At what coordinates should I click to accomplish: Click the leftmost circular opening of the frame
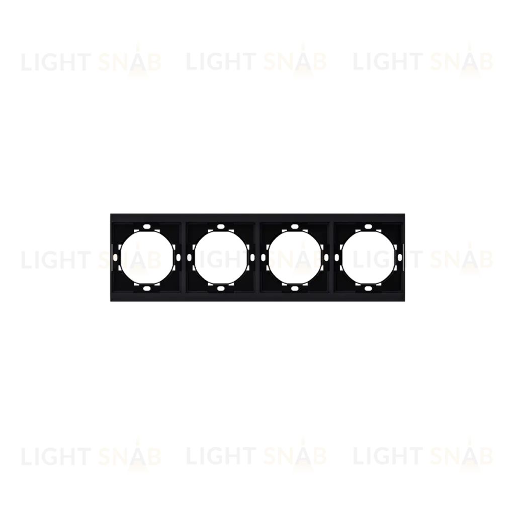click(x=146, y=257)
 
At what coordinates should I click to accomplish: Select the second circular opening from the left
click(x=220, y=257)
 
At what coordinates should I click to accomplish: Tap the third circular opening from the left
click(x=294, y=257)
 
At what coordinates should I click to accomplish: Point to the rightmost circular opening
click(x=368, y=257)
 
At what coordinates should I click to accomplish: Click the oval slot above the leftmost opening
click(x=146, y=226)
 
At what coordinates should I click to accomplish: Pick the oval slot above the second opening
click(x=220, y=226)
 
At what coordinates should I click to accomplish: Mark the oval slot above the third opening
click(x=294, y=226)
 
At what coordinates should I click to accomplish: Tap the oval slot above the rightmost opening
click(x=368, y=226)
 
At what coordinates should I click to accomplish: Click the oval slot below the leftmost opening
click(x=146, y=288)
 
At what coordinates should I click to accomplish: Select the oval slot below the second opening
click(x=220, y=288)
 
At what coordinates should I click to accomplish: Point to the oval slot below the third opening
click(x=294, y=288)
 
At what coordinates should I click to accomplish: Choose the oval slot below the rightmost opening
click(x=368, y=288)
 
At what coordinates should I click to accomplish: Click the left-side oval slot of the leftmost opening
click(x=115, y=257)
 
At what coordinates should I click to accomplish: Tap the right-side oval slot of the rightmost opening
click(x=400, y=257)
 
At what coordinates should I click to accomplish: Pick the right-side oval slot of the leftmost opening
click(x=178, y=257)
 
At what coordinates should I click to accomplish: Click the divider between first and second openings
click(x=184, y=257)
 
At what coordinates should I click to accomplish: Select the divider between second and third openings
click(x=257, y=257)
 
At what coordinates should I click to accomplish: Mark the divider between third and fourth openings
click(x=331, y=257)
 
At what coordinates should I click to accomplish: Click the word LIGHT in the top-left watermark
click(x=56, y=62)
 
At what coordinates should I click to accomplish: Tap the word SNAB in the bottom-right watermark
click(x=461, y=456)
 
